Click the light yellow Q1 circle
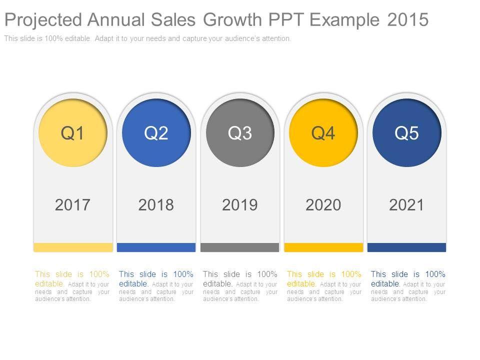(73, 133)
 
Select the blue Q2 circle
(156, 133)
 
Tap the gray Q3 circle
(240, 133)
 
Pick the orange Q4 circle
(323, 133)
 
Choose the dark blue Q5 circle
(407, 133)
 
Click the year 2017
(73, 204)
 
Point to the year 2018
(156, 204)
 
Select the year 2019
(240, 204)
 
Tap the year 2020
(323, 204)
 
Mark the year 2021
(407, 204)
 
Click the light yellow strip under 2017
(73, 247)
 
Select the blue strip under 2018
(156, 247)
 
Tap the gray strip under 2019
(240, 247)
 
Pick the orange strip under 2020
(323, 247)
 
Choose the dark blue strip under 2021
(407, 247)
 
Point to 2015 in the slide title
(407, 19)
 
